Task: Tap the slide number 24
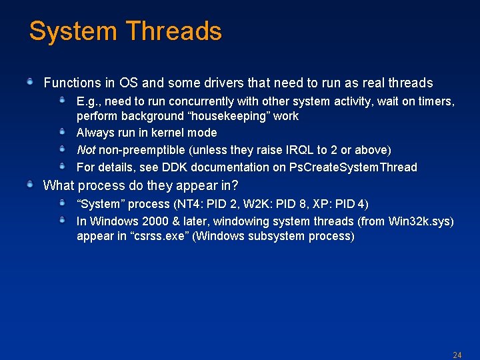coord(457,355)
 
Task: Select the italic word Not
coord(86,150)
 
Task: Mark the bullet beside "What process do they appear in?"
coord(30,185)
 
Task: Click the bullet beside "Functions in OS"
coord(30,82)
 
